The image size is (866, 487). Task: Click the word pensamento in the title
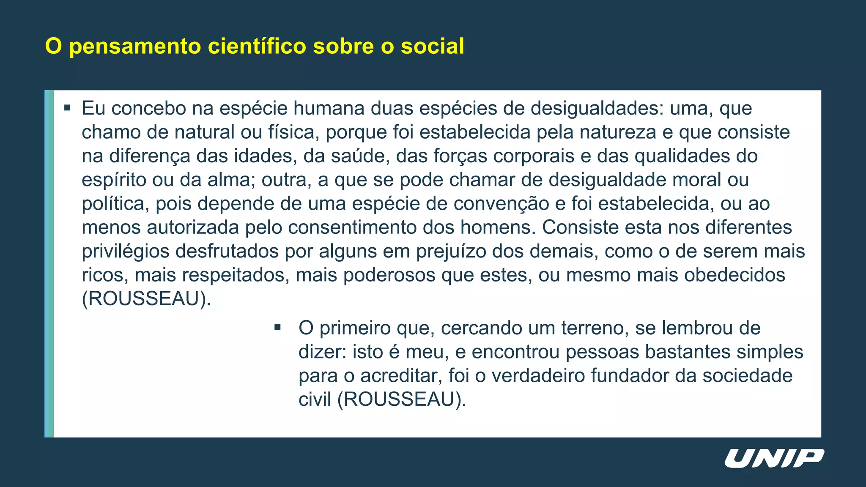pyautogui.click(x=134, y=47)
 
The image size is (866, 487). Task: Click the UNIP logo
pyautogui.click(x=774, y=459)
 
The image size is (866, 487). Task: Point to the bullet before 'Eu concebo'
pyautogui.click(x=67, y=108)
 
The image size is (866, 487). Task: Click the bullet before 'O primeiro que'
pyautogui.click(x=277, y=328)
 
